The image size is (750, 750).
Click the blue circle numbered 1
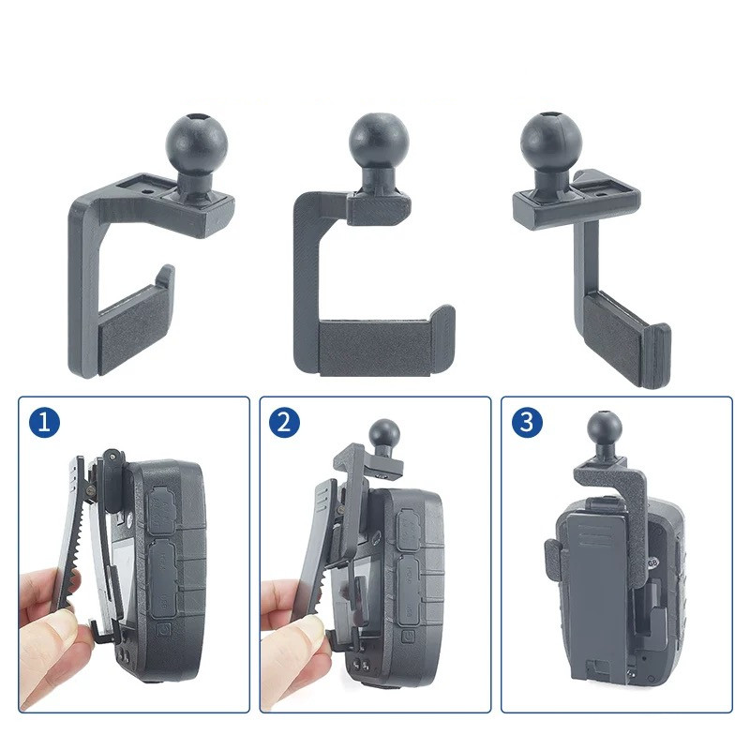(x=44, y=423)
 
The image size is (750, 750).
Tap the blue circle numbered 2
(x=285, y=423)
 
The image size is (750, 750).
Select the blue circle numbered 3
(x=527, y=423)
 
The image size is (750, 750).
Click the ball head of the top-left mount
(x=197, y=143)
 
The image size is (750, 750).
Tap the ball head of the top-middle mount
(x=379, y=142)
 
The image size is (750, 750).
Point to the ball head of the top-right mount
(x=551, y=142)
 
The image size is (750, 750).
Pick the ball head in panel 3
(x=605, y=427)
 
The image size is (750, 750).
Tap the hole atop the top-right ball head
(x=552, y=115)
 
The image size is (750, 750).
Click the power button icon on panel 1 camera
(x=163, y=630)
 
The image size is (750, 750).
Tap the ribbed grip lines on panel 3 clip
(x=596, y=535)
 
